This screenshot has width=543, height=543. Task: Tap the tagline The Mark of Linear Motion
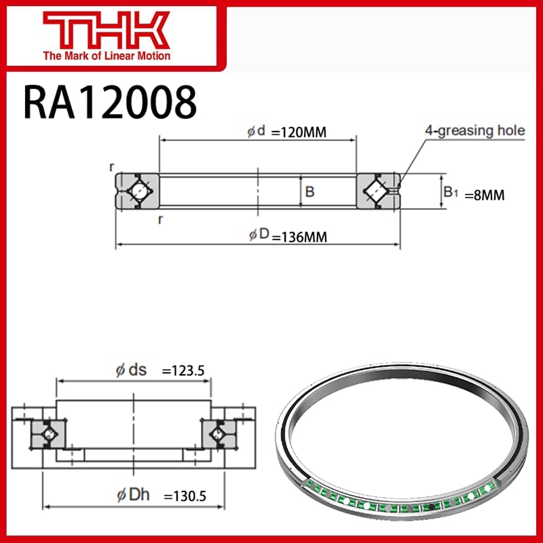click(107, 56)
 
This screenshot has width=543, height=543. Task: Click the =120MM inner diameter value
click(299, 132)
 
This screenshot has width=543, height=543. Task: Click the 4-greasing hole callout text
click(474, 130)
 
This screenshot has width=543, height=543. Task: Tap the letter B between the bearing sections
click(310, 192)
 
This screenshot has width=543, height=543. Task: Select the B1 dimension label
click(451, 193)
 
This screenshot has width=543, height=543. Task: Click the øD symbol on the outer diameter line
click(259, 235)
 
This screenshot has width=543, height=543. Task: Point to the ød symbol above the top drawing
click(257, 131)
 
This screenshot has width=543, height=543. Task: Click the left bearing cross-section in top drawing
click(137, 191)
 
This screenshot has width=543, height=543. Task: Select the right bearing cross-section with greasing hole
click(377, 191)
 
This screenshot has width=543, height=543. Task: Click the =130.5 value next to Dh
click(184, 516)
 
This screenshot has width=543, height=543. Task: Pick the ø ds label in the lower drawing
click(131, 370)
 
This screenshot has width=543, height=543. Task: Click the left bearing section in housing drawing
click(49, 433)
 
